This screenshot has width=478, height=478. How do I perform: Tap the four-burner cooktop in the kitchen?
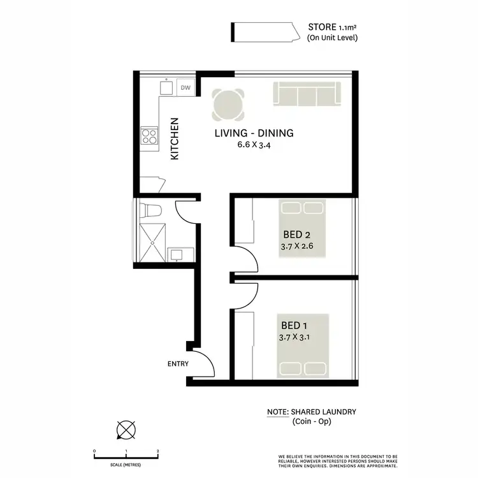click(150, 136)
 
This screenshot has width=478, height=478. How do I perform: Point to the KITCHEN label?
click(175, 140)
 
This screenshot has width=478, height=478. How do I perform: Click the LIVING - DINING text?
click(253, 133)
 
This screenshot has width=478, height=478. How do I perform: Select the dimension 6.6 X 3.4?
click(253, 145)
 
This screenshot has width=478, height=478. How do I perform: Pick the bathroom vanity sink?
click(176, 255)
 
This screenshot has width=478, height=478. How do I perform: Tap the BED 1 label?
click(293, 325)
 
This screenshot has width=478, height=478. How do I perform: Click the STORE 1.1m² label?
click(332, 27)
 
